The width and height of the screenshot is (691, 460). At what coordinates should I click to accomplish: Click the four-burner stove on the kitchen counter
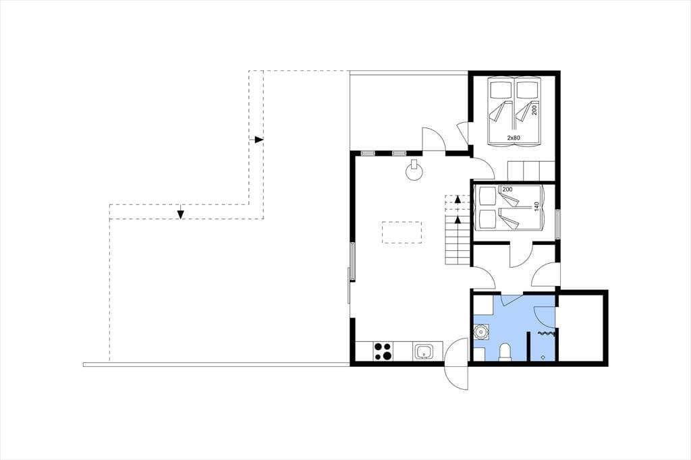tap(382, 351)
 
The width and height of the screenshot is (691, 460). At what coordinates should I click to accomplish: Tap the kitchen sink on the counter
tap(424, 352)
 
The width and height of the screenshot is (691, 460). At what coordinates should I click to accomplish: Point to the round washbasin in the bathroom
tap(480, 332)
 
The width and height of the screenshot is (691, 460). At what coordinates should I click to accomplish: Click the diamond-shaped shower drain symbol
tap(543, 357)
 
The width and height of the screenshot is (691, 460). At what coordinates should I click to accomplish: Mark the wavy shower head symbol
tap(547, 335)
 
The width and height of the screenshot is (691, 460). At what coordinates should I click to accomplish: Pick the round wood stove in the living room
tap(414, 170)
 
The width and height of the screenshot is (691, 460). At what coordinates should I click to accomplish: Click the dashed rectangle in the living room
tap(402, 233)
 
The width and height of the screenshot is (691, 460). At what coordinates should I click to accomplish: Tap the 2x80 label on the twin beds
tap(514, 138)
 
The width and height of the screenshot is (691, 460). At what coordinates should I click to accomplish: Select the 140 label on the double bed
tap(536, 206)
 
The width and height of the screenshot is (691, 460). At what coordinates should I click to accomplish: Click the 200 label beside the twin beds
tap(534, 110)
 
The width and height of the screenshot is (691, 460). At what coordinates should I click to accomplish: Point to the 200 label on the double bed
tap(507, 190)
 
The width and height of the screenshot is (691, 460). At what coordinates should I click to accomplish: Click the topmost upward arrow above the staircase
tap(458, 199)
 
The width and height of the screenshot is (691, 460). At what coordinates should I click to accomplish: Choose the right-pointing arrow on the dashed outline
tap(258, 140)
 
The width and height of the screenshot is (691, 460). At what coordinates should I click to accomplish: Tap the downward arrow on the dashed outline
tap(180, 214)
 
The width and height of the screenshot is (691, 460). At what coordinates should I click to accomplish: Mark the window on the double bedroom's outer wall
tap(557, 224)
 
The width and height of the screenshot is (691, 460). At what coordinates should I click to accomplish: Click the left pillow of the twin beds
tap(501, 90)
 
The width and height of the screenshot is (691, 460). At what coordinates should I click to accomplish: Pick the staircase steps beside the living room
tap(457, 240)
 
